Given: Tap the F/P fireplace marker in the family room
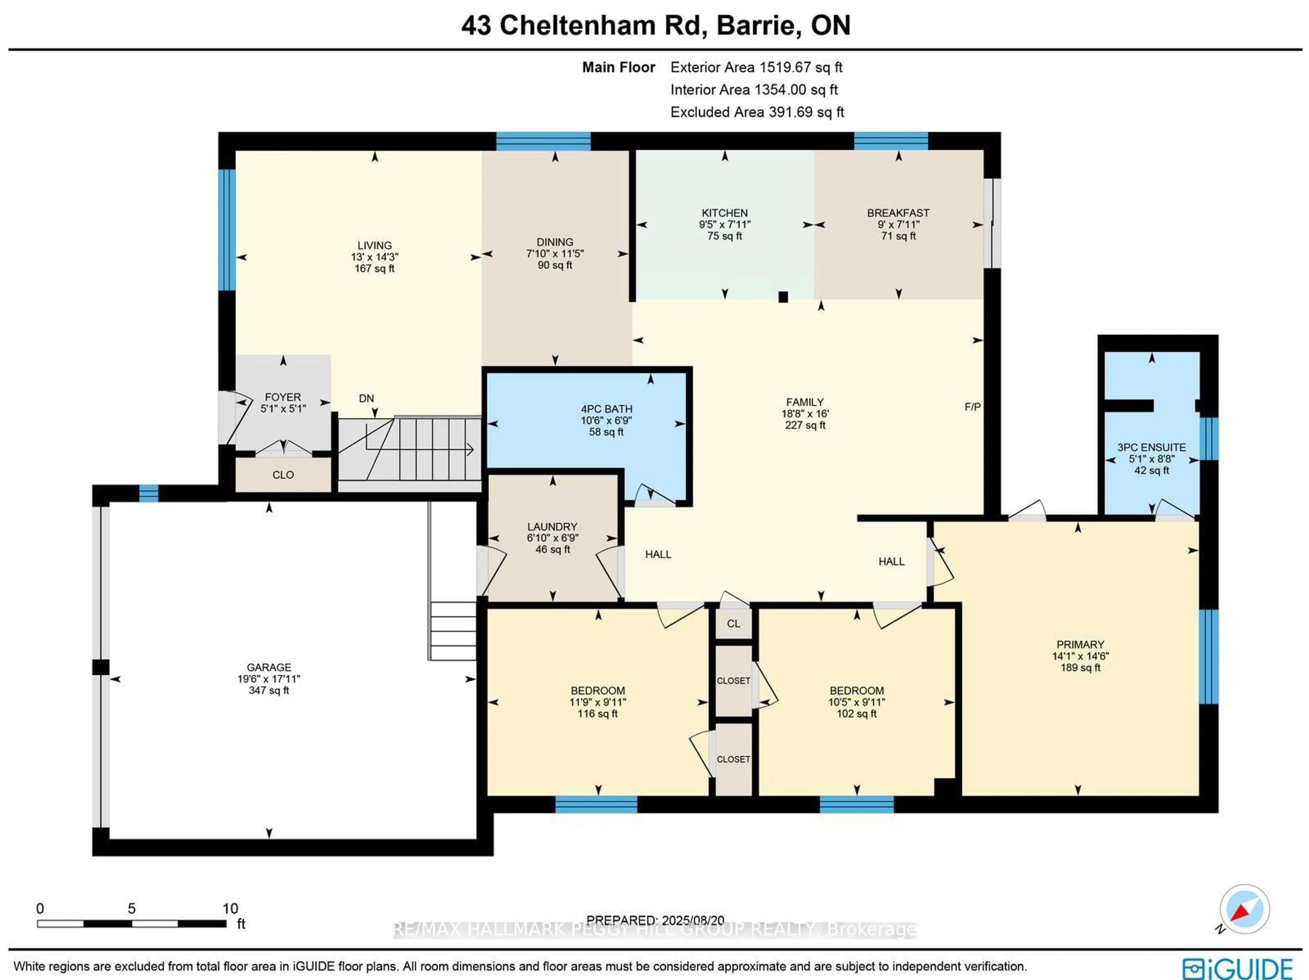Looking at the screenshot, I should point(972,407).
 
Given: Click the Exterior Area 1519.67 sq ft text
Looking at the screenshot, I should point(756,67).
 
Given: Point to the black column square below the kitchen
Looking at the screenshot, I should point(783,298).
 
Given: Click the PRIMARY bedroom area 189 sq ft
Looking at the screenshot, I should point(1080,667).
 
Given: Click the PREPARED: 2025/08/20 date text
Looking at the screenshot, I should point(655,920).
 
